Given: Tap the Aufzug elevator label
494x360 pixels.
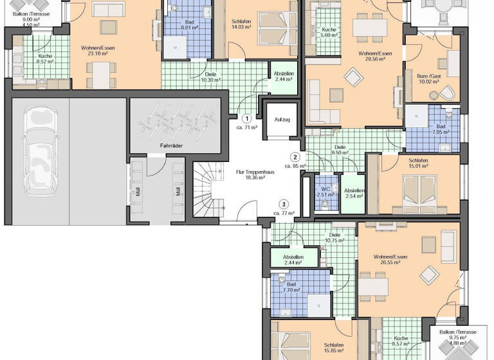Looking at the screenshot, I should (x=282, y=120).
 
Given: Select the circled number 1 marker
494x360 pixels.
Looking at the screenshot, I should (x=246, y=118).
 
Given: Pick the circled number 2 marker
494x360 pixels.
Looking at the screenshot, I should (x=295, y=157).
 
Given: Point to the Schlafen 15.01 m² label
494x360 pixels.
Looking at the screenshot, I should (x=419, y=164).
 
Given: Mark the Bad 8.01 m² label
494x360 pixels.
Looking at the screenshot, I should (x=188, y=25).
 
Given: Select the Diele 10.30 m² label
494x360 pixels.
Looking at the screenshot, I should (x=210, y=77).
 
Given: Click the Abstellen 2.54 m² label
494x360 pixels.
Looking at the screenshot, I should (x=354, y=194).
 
